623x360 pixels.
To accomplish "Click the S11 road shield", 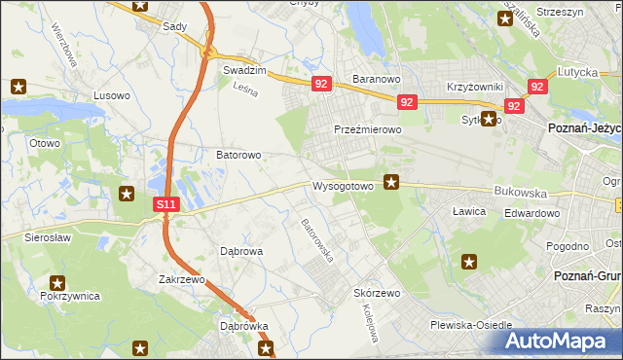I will pos(166,204).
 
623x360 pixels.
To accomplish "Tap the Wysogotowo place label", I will pos(343,185).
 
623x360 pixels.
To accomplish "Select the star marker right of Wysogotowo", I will pos(392,180).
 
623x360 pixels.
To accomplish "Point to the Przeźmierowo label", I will pos(368,129).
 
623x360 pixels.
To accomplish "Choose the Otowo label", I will pos(45,143).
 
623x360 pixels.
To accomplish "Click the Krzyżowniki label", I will pos(473,87).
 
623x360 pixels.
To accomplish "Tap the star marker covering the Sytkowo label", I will pos(490,119).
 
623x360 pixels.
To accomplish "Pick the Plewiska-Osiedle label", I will pos(471,326).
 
